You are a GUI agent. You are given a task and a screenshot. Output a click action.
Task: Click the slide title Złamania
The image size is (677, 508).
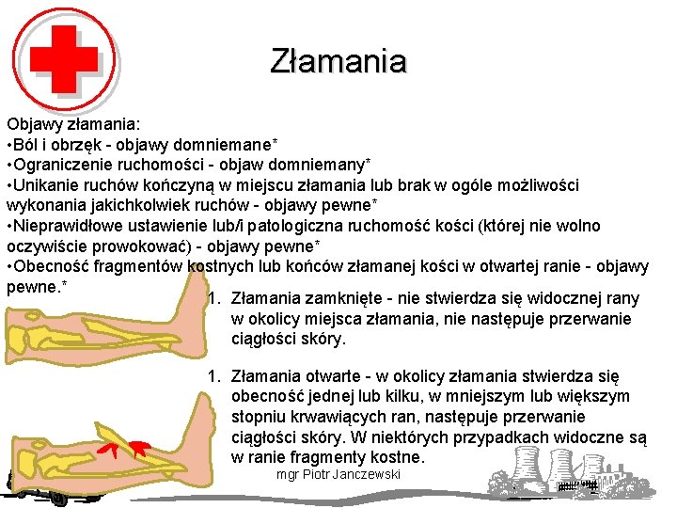coord(338,61)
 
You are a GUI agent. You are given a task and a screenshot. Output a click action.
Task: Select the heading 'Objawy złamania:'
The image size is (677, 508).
coord(72,123)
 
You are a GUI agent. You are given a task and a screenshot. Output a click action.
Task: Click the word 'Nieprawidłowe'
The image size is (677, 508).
coord(67,227)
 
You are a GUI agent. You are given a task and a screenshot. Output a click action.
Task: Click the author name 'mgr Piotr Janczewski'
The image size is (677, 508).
coord(338,474)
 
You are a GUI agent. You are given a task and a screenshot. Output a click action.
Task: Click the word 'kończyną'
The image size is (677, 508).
coord(249,185)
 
